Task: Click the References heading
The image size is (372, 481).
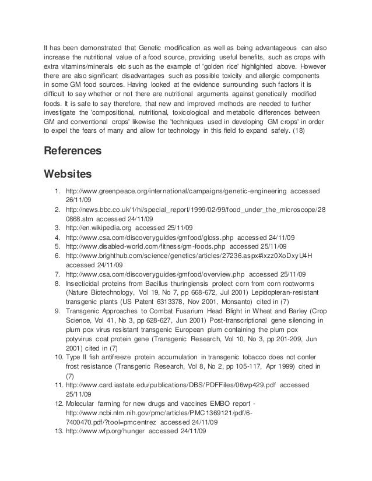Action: (x=73, y=151)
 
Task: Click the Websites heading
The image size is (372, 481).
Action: (x=69, y=174)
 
